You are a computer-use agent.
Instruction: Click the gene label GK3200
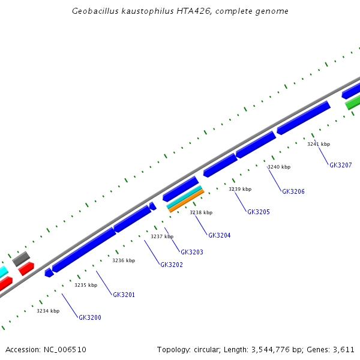[x=89, y=317]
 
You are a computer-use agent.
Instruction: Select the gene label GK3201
[x=124, y=295]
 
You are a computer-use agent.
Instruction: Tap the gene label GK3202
[x=172, y=265]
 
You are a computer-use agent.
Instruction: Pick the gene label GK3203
[x=192, y=252]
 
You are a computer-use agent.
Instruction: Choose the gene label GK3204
[x=219, y=235]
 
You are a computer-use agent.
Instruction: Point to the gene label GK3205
[x=259, y=212]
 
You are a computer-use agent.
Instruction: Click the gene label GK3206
[x=293, y=191]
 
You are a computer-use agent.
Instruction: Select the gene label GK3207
[x=340, y=165]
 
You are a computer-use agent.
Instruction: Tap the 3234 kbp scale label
[x=48, y=311]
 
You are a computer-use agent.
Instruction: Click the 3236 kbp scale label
[x=124, y=260]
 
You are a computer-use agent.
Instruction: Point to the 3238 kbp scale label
[x=201, y=212]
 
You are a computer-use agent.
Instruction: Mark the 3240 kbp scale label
[x=278, y=167]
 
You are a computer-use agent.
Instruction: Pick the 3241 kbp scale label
[x=318, y=144]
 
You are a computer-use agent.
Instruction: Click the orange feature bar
[x=185, y=201]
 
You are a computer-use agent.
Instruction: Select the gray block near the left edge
[x=21, y=259]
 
